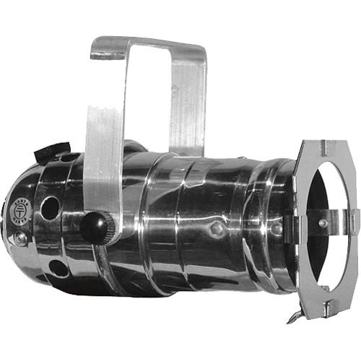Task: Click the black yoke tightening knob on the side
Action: click(94, 226)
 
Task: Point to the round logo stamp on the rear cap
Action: click(19, 211)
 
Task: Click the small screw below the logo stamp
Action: click(21, 236)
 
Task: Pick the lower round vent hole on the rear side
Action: click(57, 268)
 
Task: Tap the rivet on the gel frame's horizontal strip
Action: click(323, 223)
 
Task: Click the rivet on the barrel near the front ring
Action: click(277, 229)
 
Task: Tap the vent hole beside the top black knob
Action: click(71, 157)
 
